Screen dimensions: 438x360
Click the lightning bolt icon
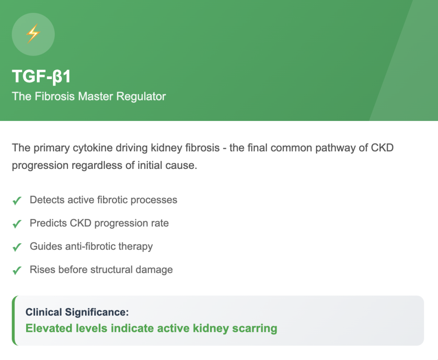tap(33, 33)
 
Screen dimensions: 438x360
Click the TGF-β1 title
tap(41, 76)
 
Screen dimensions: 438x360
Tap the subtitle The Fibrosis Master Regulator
tap(89, 96)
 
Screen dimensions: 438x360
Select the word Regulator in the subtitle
tap(141, 96)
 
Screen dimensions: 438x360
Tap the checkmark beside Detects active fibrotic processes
tap(17, 201)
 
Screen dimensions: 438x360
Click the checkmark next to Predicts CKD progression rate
tap(17, 224)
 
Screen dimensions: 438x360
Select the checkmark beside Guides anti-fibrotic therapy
tap(17, 247)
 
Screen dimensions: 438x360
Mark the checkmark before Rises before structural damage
tap(17, 270)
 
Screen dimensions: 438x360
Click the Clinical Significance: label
tap(77, 312)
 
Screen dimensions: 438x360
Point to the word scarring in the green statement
tap(255, 329)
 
